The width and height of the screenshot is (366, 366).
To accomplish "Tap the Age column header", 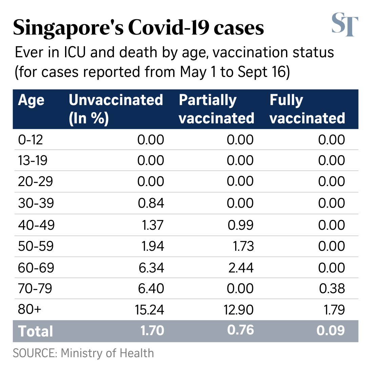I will point(31,100).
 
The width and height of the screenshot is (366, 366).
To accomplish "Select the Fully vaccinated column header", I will point(307,109).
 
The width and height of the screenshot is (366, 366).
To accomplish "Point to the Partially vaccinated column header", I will point(216,109).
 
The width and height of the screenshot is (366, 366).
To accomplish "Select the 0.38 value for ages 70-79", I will point(331,288).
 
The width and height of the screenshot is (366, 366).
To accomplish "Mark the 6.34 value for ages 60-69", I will point(151,267).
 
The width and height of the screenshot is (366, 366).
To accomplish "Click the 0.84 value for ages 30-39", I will point(151,203).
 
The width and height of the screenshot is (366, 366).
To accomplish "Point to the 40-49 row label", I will point(36,225).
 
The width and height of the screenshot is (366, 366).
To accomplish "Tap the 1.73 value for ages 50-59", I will point(241,246).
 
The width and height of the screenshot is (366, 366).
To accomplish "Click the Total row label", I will point(36,331).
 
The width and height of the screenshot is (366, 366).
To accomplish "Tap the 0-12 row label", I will point(30,140).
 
